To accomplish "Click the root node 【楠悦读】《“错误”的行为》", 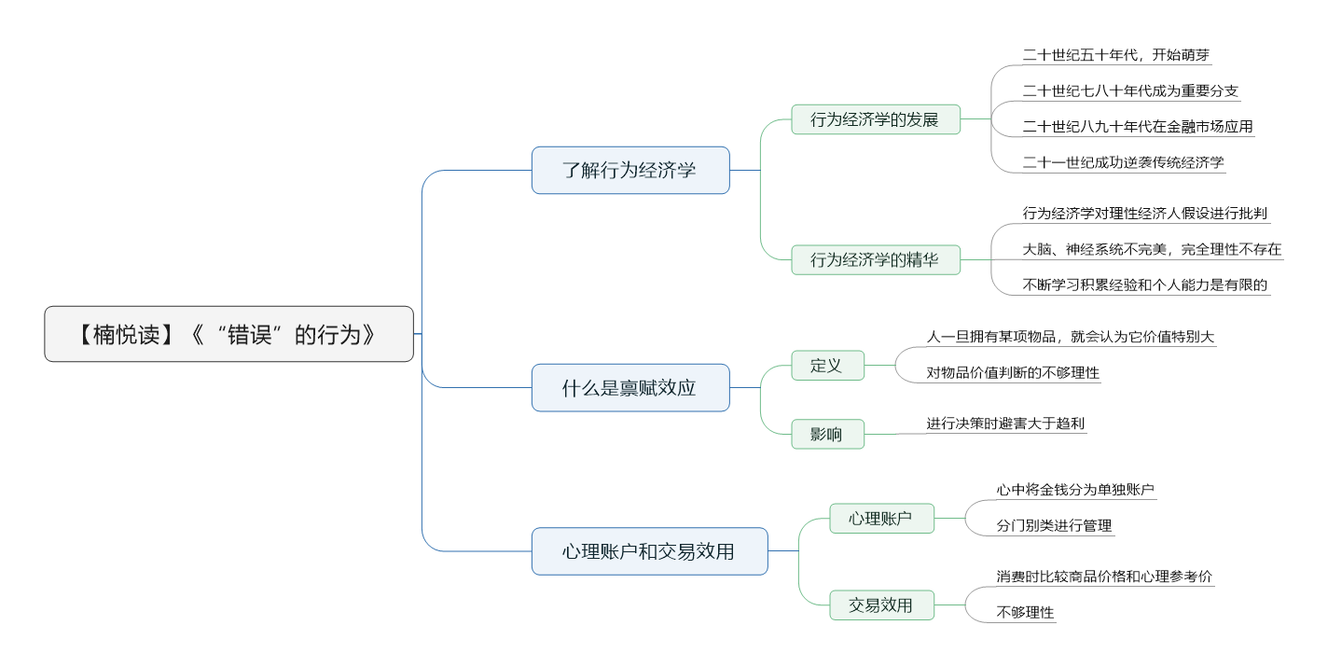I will click(x=228, y=334).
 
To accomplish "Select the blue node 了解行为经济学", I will click(x=630, y=170).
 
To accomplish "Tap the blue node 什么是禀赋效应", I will click(x=630, y=387).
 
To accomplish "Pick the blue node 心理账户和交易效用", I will click(x=649, y=551).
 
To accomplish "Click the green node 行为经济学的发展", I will click(x=875, y=119).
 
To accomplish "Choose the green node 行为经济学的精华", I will click(x=875, y=259).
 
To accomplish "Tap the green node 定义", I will click(x=827, y=366).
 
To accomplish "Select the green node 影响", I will click(x=827, y=434).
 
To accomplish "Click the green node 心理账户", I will click(x=881, y=518).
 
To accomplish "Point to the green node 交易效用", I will click(x=881, y=604).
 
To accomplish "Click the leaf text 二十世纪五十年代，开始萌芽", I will click(x=1116, y=55).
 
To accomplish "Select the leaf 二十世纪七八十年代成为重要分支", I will click(x=1130, y=90).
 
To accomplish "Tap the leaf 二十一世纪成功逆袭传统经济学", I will click(x=1123, y=162).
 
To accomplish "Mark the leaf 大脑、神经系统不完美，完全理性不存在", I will click(x=1152, y=249).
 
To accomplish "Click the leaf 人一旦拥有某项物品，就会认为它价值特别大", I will click(x=1071, y=337).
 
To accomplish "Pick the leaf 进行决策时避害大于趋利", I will click(x=1005, y=424).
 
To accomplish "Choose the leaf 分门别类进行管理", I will click(x=1054, y=525).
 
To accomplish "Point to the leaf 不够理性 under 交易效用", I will click(x=1025, y=613).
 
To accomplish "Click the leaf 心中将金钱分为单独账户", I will click(x=1075, y=489).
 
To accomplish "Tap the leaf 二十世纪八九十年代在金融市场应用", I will click(x=1138, y=127).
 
